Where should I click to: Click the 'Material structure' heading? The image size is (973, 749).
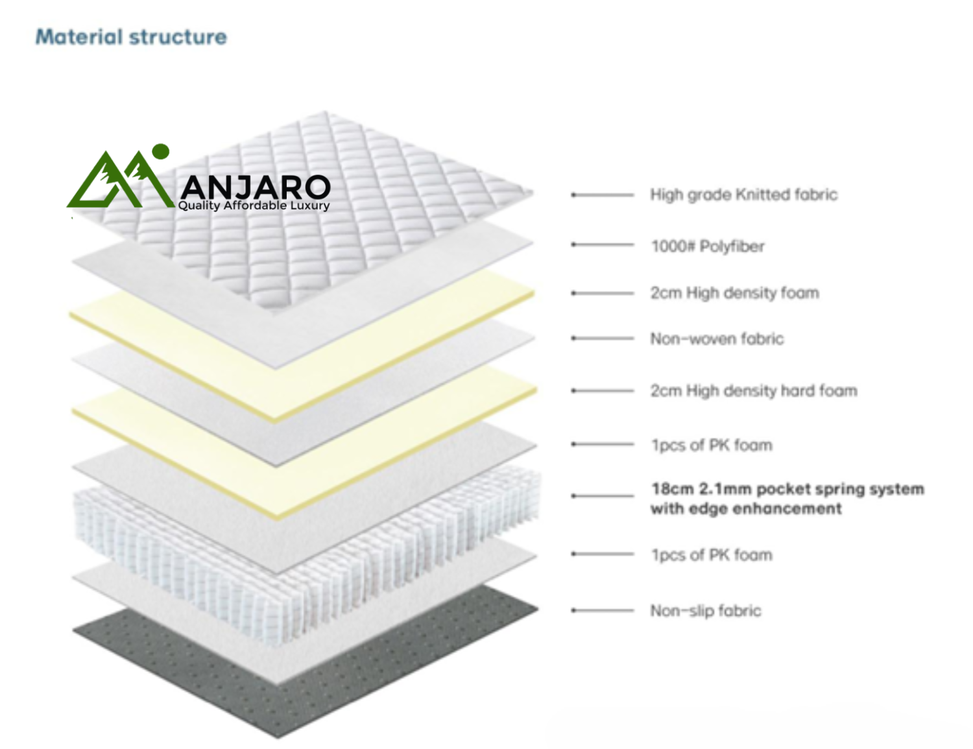click(x=131, y=37)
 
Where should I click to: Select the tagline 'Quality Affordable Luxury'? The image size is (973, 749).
click(x=254, y=206)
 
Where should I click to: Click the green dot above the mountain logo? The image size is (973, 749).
click(x=161, y=151)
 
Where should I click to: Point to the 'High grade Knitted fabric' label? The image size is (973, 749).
click(x=744, y=195)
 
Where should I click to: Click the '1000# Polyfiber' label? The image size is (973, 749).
click(x=708, y=246)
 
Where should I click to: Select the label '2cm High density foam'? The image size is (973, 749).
click(x=734, y=293)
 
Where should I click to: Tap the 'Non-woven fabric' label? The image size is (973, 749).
click(x=717, y=339)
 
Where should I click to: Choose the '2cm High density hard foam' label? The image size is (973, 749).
click(x=754, y=390)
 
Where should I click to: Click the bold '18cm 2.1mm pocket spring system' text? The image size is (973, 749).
click(x=787, y=489)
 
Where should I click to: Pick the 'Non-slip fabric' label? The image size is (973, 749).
click(x=706, y=611)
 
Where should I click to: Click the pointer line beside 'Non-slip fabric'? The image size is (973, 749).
click(x=602, y=611)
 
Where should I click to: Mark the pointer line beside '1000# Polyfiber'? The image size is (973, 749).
click(x=602, y=244)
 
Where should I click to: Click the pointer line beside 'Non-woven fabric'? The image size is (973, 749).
click(x=602, y=339)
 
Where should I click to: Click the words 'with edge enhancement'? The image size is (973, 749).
click(x=746, y=508)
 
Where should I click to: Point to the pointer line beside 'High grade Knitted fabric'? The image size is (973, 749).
click(x=602, y=195)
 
